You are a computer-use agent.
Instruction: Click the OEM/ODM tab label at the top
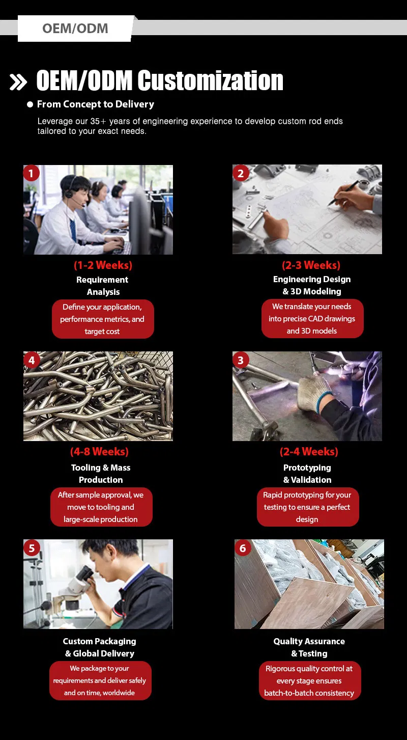point(75,29)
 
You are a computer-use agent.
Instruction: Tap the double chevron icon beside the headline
point(18,82)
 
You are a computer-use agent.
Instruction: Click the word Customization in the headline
point(210,80)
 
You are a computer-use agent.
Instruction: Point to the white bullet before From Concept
point(30,104)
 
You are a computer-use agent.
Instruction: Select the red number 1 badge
point(32,173)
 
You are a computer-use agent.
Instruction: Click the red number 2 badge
point(241,173)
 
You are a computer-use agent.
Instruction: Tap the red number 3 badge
point(241,360)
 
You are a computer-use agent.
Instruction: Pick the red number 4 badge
point(32,360)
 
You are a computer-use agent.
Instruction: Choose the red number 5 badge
point(32,548)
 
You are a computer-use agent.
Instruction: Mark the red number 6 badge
point(243,548)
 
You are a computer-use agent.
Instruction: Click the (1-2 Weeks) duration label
point(103,265)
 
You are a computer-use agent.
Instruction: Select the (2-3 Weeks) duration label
point(311,265)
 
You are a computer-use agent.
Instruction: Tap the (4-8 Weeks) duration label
point(99,452)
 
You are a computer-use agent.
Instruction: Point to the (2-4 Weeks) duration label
point(309,452)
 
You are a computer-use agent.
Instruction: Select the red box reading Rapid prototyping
point(308,507)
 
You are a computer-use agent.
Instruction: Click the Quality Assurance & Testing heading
point(309,647)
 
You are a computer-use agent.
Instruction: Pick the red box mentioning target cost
point(103,319)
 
